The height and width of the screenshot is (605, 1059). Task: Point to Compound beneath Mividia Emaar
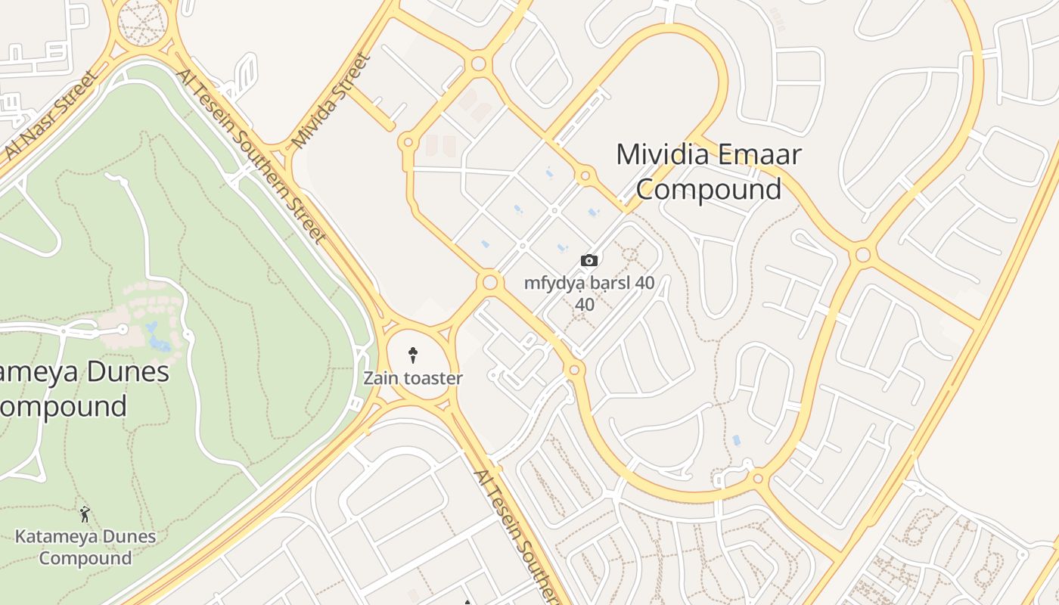(708, 189)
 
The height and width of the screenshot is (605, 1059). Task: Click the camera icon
(589, 261)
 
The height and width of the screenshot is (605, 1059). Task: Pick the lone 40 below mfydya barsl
(585, 305)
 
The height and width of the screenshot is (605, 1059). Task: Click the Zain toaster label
(412, 377)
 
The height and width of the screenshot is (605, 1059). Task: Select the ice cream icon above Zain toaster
(413, 355)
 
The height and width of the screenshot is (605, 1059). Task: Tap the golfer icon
(85, 515)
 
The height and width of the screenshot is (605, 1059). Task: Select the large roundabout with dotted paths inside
(142, 22)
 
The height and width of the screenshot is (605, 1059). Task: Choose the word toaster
(433, 377)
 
